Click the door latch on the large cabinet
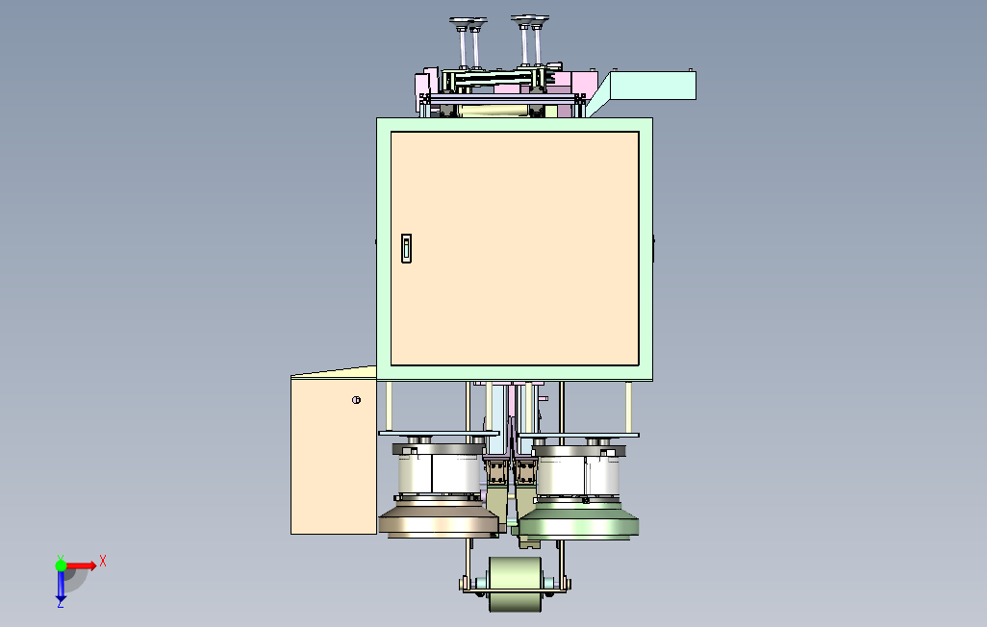point(406,248)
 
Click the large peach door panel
point(515,248)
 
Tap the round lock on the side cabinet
point(356,400)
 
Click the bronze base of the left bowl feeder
point(439,520)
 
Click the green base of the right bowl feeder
point(578,522)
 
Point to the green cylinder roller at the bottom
point(515,584)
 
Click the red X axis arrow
point(81,565)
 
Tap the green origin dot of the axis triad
point(61,565)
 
